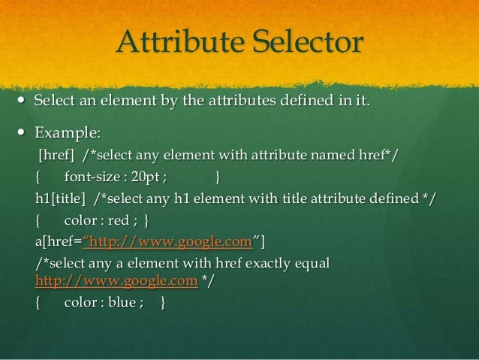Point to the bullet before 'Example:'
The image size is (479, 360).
(x=18, y=133)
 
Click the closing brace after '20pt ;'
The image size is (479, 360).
(x=217, y=177)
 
